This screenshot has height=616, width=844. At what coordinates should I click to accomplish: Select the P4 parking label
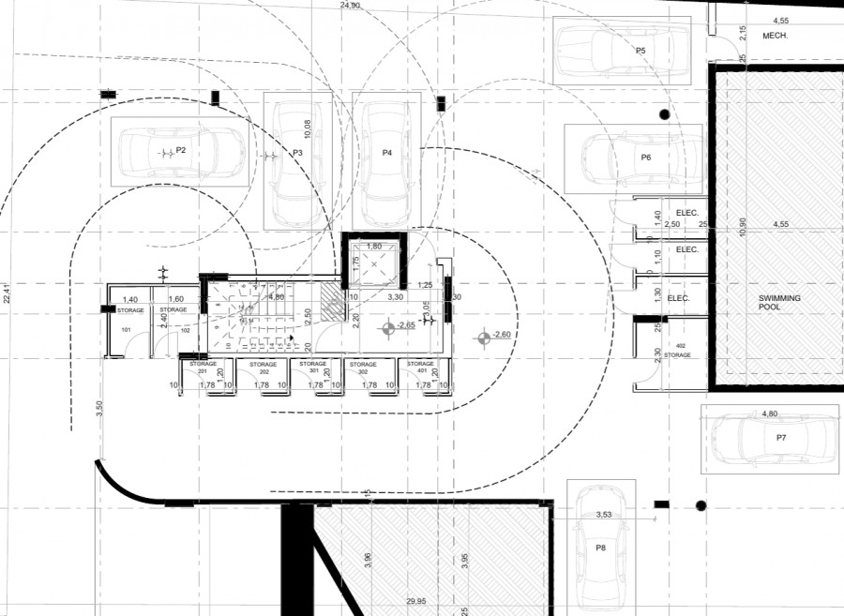pos(386,152)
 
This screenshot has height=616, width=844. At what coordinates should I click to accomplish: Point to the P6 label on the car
pos(645,157)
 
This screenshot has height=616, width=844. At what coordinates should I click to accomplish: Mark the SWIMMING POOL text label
pos(779,302)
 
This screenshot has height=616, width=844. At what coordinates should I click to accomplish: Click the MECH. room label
pos(774,35)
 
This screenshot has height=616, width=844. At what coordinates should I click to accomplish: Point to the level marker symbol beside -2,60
pos(483,337)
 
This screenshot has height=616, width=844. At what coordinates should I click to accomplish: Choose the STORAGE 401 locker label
pos(424,367)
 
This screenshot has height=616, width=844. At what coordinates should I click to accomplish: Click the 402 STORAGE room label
pos(677,351)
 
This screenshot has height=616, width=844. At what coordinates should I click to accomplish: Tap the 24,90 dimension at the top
pos(349,6)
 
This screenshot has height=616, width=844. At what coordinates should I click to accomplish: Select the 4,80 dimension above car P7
pos(770,413)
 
